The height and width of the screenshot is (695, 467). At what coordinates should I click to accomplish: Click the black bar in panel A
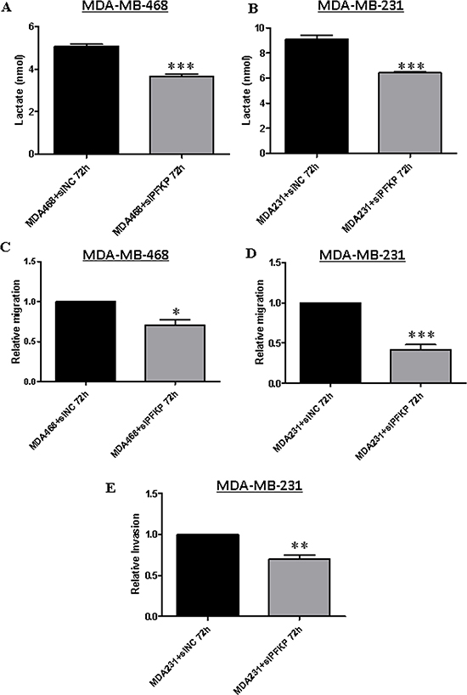coord(87,99)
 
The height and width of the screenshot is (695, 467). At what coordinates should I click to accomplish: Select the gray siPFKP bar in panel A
coord(182,115)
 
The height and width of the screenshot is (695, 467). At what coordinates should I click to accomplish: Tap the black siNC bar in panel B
coord(317,96)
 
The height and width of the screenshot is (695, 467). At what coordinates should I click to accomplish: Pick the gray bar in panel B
coord(410,113)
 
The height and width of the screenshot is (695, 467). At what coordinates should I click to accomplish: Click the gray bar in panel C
coord(175,353)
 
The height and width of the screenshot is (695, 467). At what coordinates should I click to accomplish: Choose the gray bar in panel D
coord(420,365)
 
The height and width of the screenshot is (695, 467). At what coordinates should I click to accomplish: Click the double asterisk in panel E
coord(300,545)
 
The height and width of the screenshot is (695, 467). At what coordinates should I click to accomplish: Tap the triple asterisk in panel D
coord(421,335)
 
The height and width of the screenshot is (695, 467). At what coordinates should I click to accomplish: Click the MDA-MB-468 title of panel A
coord(125,7)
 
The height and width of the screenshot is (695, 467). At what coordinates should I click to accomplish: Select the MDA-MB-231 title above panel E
coord(259,485)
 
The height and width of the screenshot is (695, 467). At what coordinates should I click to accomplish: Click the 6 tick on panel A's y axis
coord(31,26)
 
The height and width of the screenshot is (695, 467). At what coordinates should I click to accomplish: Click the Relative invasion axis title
coord(136,554)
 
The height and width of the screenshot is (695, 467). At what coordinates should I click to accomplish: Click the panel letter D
coord(250,253)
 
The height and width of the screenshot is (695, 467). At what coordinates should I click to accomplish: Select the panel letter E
coord(110,488)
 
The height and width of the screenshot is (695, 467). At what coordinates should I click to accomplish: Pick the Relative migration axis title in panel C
coord(16,321)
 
